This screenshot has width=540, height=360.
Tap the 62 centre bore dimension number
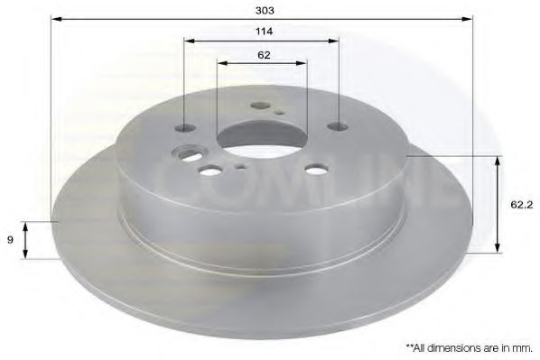pyautogui.click(x=263, y=54)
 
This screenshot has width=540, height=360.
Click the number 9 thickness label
pyautogui.click(x=10, y=240)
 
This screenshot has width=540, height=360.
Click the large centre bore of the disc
pyautogui.click(x=263, y=137)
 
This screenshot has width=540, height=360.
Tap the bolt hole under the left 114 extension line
pyautogui.click(x=185, y=127)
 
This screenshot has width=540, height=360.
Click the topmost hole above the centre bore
pyautogui.click(x=262, y=105)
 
